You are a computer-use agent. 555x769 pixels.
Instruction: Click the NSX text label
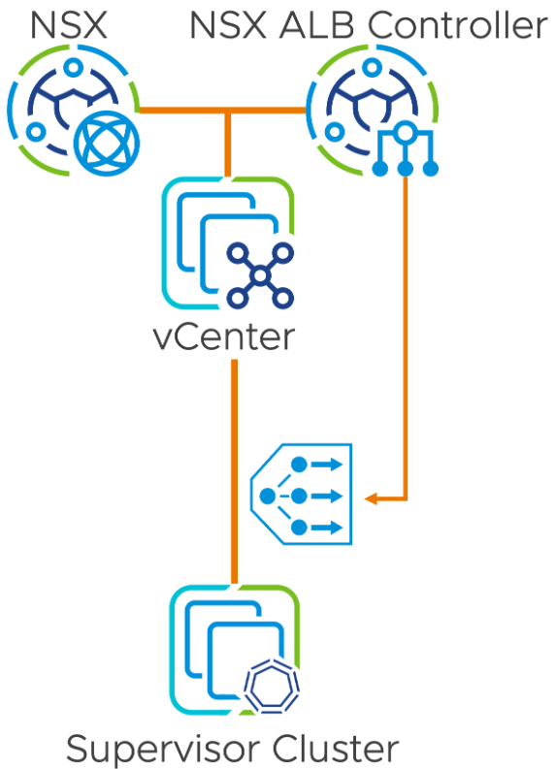tap(69, 25)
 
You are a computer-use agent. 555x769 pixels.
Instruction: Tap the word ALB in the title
tap(316, 25)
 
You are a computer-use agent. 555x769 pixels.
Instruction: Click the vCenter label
tap(224, 337)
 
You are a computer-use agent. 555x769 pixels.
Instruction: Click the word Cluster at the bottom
tap(336, 748)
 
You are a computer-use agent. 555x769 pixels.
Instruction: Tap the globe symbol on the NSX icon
tap(107, 144)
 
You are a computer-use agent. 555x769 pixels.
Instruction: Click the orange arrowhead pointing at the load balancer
tap(371, 498)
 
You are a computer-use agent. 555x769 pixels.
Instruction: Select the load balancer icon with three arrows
tap(302, 495)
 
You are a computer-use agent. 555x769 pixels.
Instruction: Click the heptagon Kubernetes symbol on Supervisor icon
tap(273, 686)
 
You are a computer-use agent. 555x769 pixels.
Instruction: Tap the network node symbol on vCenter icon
tap(260, 275)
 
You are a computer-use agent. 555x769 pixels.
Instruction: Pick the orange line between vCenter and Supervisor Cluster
tap(235, 472)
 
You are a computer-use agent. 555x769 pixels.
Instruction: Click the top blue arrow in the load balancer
tap(327, 464)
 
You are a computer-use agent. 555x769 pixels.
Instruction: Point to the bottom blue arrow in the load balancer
tap(327, 528)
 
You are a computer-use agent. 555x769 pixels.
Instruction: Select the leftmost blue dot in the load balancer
tap(268, 496)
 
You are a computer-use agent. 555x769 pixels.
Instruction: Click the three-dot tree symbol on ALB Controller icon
tap(405, 148)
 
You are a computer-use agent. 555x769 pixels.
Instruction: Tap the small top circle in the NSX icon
tap(73, 67)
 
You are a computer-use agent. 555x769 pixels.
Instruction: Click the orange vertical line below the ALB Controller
tap(406, 337)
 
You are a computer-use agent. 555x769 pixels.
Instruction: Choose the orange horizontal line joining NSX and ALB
tap(223, 110)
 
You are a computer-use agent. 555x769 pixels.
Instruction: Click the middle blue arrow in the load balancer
tap(327, 496)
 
